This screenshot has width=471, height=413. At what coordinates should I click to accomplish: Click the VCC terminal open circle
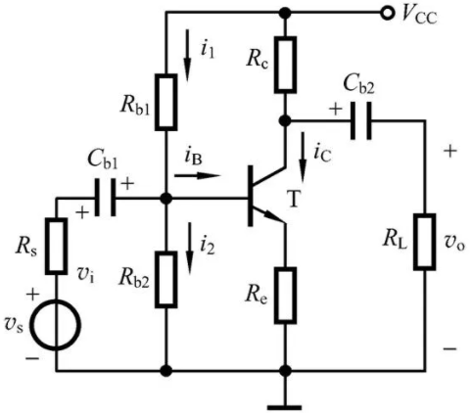point(388,13)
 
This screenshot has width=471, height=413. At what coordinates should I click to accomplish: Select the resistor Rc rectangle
point(285,65)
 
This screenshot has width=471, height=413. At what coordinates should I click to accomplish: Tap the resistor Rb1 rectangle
point(166,102)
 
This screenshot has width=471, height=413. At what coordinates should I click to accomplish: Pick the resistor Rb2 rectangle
point(166,280)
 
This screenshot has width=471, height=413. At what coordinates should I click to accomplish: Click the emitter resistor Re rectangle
point(285,296)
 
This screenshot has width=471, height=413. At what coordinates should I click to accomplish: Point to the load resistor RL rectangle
point(425,242)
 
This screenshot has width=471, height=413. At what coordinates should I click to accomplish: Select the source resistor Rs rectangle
point(57,246)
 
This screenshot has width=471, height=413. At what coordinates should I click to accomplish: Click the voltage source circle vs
point(57,326)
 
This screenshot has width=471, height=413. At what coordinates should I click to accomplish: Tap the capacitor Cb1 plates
point(105,197)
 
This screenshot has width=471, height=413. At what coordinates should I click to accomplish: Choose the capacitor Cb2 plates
point(360,120)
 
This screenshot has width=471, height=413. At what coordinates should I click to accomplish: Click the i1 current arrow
point(187,55)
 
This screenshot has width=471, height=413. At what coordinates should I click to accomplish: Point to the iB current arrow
point(198,176)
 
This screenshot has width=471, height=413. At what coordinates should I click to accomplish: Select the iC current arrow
point(304,157)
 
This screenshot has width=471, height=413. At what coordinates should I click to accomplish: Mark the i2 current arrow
point(189,248)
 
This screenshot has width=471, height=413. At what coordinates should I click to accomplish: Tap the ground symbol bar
point(284,407)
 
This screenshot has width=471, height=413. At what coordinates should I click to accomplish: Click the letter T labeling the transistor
point(294,199)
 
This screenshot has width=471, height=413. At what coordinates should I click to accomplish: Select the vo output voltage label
point(454,243)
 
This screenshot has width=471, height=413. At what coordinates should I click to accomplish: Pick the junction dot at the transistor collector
point(285,120)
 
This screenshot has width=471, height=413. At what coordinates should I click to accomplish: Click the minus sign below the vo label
point(449,348)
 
